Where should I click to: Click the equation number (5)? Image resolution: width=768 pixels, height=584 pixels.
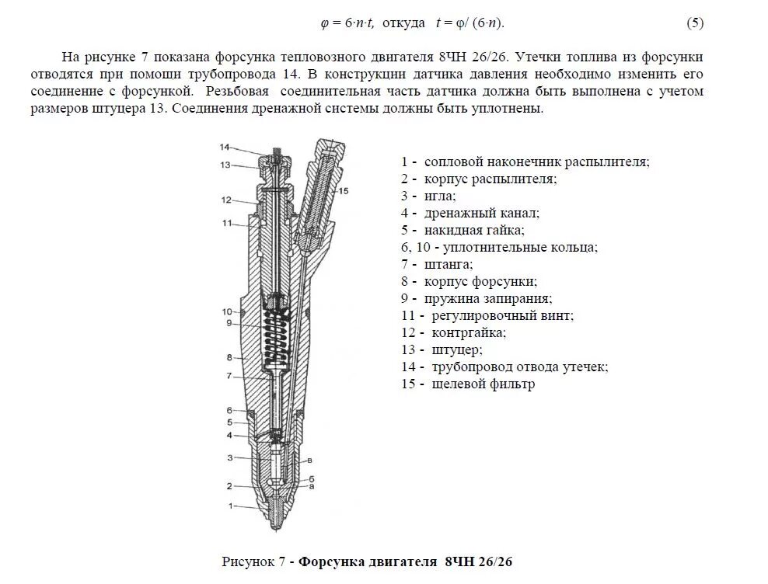[x=695, y=23]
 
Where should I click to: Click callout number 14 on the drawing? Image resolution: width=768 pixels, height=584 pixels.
[x=224, y=148]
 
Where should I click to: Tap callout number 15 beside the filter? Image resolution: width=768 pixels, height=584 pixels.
[x=344, y=190]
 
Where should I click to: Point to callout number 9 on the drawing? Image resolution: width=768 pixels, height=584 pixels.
[x=230, y=323]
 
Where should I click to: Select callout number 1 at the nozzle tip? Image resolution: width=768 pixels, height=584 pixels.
[x=230, y=506]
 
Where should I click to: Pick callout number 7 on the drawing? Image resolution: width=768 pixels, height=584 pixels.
[x=230, y=376]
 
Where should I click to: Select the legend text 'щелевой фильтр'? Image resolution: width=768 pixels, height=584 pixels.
[x=480, y=384]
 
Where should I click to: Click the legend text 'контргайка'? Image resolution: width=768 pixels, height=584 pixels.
[x=465, y=332]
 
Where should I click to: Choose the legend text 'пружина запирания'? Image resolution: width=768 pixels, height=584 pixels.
[x=488, y=298]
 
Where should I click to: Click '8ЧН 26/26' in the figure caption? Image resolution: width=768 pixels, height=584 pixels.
[x=479, y=561]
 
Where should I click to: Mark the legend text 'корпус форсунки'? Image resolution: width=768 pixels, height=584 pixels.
[x=480, y=281]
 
